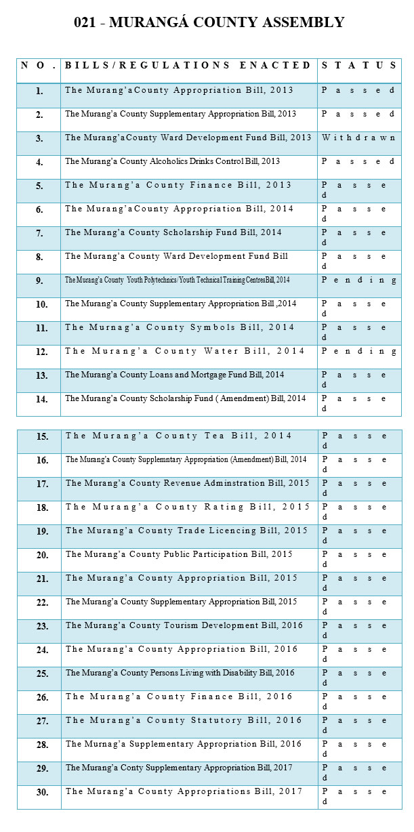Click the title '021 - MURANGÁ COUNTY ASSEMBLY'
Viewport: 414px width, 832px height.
pos(209,22)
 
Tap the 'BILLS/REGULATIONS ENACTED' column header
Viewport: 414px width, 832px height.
pos(188,65)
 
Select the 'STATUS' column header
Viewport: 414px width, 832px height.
pos(358,65)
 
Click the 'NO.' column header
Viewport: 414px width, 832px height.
pos(39,65)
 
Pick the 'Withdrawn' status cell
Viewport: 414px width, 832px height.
pos(358,138)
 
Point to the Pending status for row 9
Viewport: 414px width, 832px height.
pos(358,280)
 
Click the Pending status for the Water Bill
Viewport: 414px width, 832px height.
pos(358,351)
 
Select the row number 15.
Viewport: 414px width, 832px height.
pos(42,436)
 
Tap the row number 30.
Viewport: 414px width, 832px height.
pos(42,792)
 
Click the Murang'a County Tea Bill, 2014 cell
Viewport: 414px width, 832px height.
pos(179,436)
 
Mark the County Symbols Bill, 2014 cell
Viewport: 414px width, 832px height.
pos(180,327)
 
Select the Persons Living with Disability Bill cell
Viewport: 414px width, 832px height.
pos(180,673)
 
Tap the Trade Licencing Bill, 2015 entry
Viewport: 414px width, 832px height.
pos(187,531)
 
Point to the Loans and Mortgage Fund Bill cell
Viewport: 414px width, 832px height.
pos(175,375)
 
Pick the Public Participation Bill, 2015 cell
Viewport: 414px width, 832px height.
pos(179,554)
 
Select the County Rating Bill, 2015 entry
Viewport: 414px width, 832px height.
pos(188,507)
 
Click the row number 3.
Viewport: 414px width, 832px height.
pos(39,138)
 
